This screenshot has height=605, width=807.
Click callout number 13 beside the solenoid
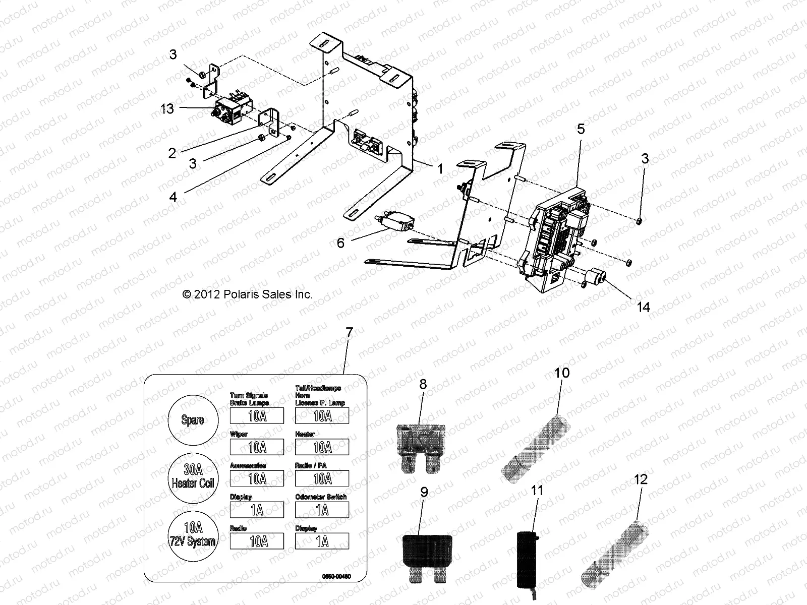(167, 108)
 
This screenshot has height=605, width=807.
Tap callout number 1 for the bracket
(440, 169)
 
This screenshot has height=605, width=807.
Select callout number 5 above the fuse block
(581, 129)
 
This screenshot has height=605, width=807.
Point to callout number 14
(644, 307)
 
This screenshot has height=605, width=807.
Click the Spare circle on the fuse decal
(192, 420)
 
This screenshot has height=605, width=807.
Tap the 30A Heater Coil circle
(192, 477)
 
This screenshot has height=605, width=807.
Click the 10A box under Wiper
(257, 447)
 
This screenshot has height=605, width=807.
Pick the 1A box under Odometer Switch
(322, 510)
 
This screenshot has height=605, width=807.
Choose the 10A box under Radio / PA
(322, 478)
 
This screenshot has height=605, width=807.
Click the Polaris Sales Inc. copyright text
(247, 294)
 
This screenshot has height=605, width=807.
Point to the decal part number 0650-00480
(336, 576)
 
